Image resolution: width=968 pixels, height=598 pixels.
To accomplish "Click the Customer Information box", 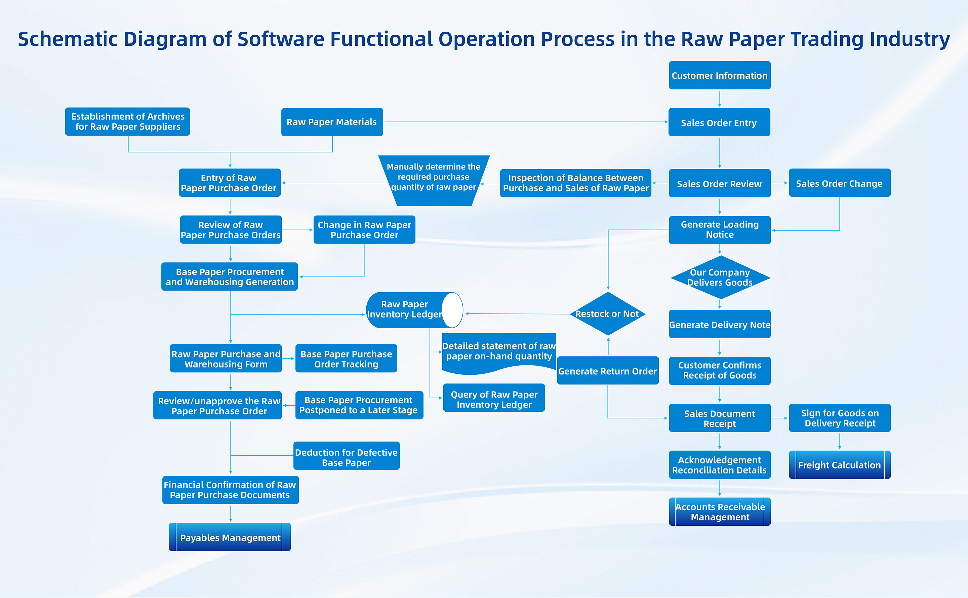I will tap(719, 75).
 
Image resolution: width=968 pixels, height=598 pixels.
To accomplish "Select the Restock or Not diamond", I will tap(607, 314).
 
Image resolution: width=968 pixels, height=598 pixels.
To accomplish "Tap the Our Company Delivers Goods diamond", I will tap(720, 277).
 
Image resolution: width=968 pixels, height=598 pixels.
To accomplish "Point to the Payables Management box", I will tap(230, 537).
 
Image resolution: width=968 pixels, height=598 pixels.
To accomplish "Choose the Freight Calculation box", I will tap(840, 465).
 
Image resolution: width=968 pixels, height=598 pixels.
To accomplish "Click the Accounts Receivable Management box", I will tap(720, 512).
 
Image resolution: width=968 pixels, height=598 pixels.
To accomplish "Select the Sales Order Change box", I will tap(840, 183).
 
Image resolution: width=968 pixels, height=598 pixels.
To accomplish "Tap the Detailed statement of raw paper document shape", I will tap(499, 352).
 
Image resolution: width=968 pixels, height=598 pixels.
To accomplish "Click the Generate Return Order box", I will tap(607, 371).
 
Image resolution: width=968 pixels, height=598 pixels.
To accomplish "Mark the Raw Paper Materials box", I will tap(332, 122).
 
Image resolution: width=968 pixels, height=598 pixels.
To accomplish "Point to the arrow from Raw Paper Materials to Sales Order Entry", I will tap(526, 122).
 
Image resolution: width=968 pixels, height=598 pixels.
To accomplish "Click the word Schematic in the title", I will tap(68, 40).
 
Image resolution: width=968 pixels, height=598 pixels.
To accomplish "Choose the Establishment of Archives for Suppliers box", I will tap(127, 121).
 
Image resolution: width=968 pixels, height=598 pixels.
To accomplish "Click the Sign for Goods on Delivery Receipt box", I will tap(840, 418).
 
